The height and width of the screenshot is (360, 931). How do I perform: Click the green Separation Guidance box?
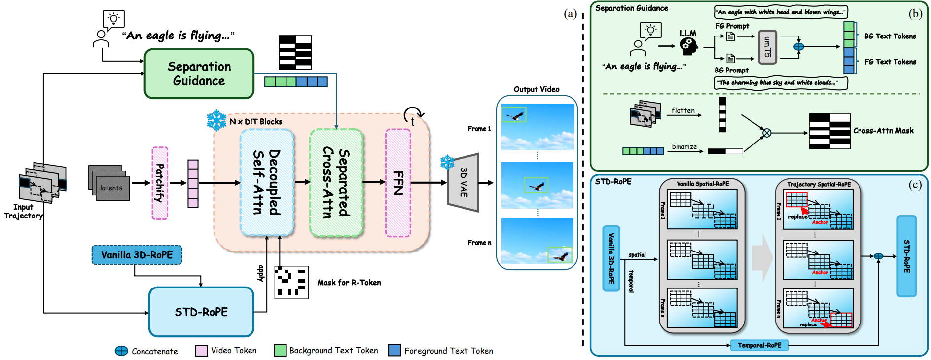[199, 73]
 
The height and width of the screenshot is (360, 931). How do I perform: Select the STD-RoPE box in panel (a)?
[201, 312]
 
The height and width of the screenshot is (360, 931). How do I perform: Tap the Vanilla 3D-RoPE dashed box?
[137, 255]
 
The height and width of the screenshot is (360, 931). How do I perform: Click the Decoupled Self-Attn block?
[267, 182]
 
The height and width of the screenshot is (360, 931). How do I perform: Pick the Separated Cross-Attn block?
[336, 182]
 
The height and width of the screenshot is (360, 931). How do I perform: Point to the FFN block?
[398, 182]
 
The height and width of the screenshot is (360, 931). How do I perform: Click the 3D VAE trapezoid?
[464, 182]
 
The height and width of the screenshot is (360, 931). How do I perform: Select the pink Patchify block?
[160, 183]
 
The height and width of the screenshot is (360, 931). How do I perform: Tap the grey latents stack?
[109, 183]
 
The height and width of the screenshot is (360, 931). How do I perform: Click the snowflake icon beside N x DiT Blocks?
[216, 120]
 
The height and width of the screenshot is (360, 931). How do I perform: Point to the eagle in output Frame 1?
[515, 116]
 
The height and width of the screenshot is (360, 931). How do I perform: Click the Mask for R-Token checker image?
[291, 283]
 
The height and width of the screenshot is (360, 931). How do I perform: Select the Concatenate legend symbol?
[121, 351]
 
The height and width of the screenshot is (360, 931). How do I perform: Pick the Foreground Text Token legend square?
[394, 350]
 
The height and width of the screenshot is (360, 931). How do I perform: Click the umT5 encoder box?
[767, 47]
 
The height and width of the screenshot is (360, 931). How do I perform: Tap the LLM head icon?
[689, 46]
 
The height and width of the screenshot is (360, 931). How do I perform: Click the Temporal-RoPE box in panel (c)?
[759, 345]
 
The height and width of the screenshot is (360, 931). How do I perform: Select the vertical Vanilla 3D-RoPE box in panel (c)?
[611, 258]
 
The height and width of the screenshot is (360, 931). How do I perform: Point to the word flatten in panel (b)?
[683, 110]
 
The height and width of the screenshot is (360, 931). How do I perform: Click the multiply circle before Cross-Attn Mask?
[767, 133]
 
